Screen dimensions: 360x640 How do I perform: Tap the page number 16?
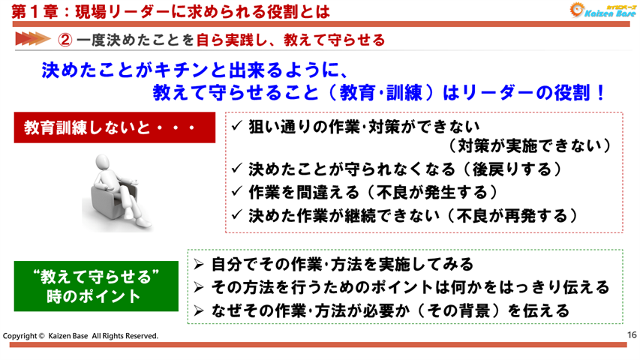(631, 335)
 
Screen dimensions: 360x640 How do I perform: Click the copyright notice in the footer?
(81, 336)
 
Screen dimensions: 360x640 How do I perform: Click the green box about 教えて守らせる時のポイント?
(97, 286)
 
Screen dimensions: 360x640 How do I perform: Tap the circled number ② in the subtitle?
(65, 39)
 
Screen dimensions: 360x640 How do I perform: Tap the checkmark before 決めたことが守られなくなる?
(237, 169)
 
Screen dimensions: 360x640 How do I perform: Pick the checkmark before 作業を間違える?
(237, 191)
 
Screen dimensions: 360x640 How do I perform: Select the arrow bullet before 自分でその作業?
(199, 264)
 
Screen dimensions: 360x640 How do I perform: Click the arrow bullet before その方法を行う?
(199, 286)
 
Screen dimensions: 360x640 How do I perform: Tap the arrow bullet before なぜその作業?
(199, 310)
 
